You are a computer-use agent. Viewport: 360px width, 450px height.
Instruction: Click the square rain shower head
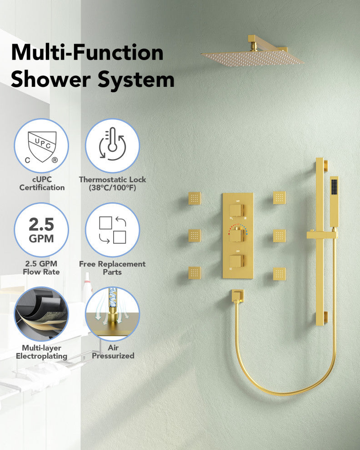coord(252,57)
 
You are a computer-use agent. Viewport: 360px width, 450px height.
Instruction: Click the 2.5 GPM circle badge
coord(41,230)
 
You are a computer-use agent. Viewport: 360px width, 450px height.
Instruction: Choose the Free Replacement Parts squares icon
coord(113,230)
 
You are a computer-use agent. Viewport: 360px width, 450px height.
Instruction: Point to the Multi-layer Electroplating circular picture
coord(41,314)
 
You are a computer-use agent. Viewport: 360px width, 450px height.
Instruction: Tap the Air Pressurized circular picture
coord(113,314)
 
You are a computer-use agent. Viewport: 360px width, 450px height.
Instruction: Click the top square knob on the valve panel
coord(237,210)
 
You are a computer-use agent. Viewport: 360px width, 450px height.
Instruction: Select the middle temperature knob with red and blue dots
coord(237,234)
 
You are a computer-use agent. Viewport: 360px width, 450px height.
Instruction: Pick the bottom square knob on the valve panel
coord(237,261)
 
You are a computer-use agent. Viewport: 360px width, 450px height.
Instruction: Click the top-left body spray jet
coord(195,198)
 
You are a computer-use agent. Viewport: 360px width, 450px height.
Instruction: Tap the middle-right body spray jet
coord(280,235)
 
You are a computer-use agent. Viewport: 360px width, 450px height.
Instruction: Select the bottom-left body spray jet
coord(195,273)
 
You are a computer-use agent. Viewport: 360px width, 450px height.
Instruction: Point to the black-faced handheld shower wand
coord(334,201)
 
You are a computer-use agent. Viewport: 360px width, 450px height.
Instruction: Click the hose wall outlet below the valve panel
coord(238,296)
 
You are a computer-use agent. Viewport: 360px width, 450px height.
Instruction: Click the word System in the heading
coord(136,80)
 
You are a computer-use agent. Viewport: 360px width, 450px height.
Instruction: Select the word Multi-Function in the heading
coord(87,53)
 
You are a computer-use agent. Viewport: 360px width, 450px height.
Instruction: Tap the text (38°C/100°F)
coord(112,188)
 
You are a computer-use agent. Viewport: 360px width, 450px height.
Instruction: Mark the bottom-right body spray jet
coord(280,274)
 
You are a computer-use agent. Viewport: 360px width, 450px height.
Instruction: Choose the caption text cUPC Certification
coord(42,183)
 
